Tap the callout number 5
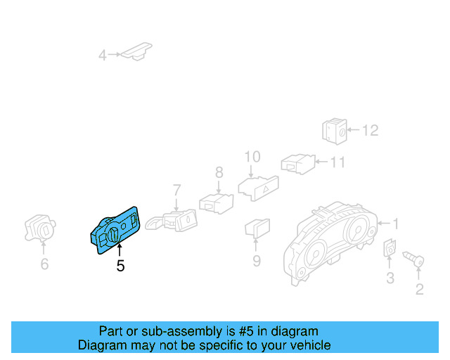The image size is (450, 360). [x=120, y=266]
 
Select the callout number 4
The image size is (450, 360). [x=103, y=55]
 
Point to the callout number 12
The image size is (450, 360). [x=370, y=130]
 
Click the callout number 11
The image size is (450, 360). [x=338, y=163]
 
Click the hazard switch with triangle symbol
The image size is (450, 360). [x=259, y=186]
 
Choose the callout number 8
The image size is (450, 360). [x=219, y=172]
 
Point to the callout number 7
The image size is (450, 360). [x=176, y=189]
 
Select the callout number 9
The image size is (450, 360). [x=257, y=261]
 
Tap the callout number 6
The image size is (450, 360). [x=44, y=264]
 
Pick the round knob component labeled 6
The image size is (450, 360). [x=41, y=228]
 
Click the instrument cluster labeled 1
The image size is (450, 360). [x=330, y=243]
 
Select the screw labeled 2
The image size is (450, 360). [x=414, y=262]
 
